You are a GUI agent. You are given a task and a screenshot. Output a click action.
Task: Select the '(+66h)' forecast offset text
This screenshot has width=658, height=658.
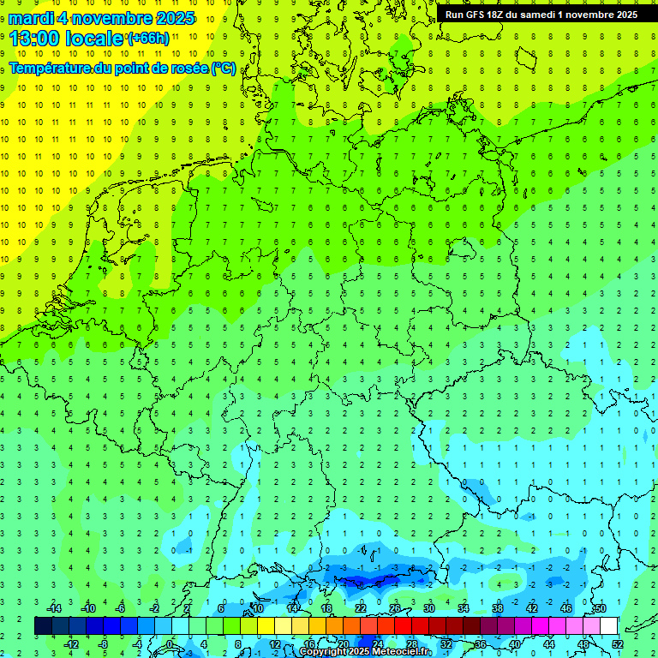coord(149,38)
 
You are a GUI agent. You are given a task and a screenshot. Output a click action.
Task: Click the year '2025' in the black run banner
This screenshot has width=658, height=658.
coord(620,15)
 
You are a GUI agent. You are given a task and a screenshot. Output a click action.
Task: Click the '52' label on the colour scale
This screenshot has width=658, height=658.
coord(617,643)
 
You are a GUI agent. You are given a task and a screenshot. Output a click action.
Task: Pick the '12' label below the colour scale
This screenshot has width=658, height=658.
coord(275,643)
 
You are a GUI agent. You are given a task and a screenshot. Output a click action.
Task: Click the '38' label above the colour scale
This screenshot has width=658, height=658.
coord(497,607)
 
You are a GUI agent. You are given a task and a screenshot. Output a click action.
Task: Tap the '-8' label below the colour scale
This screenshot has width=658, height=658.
coord(104,643)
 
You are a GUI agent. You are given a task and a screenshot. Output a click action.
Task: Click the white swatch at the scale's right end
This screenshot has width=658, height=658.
coord(608,625)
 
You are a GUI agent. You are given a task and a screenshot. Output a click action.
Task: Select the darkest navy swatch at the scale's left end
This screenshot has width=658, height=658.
coord(43,625)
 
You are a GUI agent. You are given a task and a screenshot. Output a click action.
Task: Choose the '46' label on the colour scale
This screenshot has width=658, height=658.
coord(565,607)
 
